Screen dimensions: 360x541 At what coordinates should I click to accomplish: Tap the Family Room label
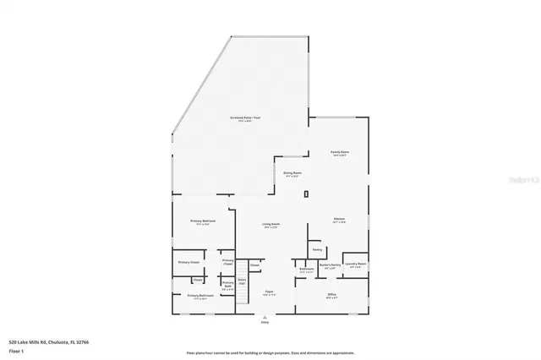pos(340,153)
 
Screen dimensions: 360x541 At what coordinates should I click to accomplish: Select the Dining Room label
pos(292,173)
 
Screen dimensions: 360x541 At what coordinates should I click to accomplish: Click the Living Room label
pos(271,225)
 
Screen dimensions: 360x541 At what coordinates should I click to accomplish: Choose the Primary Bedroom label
pos(205,222)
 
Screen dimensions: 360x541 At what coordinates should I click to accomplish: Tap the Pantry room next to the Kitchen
pos(317,250)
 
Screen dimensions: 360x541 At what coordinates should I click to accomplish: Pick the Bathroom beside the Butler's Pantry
pos(307,270)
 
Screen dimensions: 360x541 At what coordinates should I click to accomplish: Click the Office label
pos(332,296)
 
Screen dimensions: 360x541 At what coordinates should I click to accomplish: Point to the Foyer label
pos(269,292)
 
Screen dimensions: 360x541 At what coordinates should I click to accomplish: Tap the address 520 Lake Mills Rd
pos(48,342)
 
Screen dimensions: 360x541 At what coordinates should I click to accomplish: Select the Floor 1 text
pos(16,350)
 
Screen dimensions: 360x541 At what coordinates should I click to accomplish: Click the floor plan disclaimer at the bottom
pos(270,352)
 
